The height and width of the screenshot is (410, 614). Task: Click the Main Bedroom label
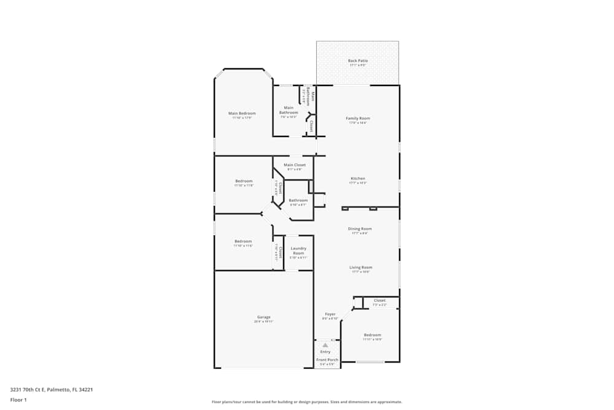(x=242, y=113)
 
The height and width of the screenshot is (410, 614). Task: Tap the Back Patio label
(x=358, y=61)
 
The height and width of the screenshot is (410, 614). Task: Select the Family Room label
(x=358, y=118)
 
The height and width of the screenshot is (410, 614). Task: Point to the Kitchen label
(x=358, y=179)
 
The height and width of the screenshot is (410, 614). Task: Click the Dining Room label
(x=360, y=229)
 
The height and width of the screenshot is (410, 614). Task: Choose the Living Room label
(x=361, y=267)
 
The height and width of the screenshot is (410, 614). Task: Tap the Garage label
(x=264, y=317)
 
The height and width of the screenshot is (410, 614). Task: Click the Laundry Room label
(x=298, y=251)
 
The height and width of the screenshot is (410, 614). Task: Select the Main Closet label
(x=295, y=165)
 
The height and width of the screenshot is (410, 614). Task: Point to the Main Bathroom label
(x=289, y=110)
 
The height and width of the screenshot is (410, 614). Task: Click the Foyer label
(x=330, y=314)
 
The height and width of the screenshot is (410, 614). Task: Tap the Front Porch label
(x=327, y=360)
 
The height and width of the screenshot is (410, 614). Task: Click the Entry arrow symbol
(x=325, y=345)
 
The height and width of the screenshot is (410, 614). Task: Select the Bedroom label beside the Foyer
(x=372, y=335)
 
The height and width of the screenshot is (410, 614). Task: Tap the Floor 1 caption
(x=18, y=400)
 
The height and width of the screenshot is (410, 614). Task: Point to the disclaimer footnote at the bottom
(x=307, y=401)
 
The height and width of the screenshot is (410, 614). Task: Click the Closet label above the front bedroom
(x=379, y=301)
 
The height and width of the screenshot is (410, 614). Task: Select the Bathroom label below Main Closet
(x=298, y=200)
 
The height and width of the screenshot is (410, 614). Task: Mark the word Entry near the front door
(x=325, y=352)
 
